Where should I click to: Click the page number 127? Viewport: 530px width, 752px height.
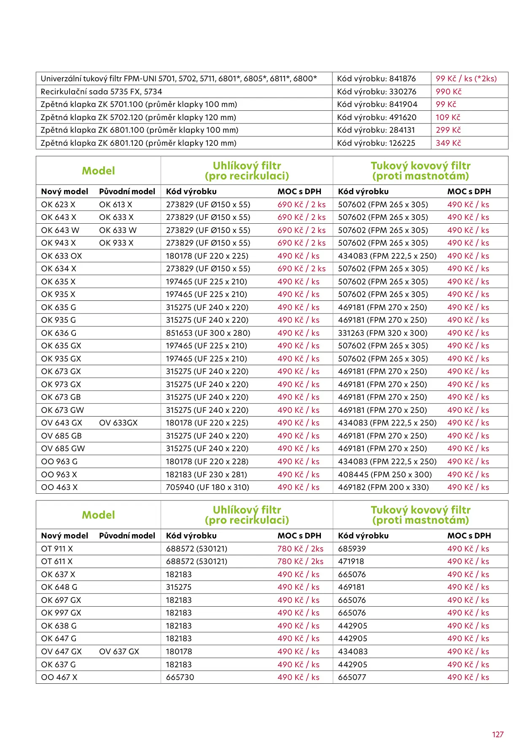498,734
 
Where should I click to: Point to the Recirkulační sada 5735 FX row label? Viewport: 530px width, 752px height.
101,91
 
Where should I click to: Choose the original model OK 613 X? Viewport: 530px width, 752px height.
116,204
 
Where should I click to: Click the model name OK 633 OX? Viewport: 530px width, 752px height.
62,256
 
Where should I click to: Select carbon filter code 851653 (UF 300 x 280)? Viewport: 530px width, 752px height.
208,333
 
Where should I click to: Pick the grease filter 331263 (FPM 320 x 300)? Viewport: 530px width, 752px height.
382,333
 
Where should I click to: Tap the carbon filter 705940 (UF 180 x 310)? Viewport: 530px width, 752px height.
207,487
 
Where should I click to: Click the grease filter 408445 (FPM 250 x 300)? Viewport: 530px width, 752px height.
385,474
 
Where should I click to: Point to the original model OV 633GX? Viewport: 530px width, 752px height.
118,423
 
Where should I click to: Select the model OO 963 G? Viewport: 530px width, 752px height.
59,461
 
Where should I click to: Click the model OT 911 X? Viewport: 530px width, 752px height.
57,549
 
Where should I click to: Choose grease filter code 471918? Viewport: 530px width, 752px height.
351,561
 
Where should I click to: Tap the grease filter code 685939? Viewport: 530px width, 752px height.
352,549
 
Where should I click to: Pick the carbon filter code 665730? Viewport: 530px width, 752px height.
180,677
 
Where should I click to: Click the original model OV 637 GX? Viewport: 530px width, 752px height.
119,651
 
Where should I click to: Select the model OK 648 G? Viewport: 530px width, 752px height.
59,587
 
